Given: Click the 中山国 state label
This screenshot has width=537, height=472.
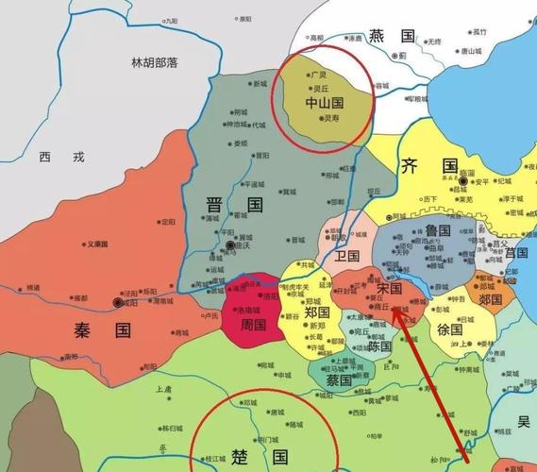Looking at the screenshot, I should (324, 101).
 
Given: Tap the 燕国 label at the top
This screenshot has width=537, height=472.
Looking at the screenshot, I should (392, 36).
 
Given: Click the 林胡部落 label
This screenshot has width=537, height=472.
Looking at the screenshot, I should (155, 62).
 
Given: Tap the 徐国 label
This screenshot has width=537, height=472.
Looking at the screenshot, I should (449, 330).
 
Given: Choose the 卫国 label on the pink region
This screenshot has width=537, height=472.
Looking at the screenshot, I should (346, 256).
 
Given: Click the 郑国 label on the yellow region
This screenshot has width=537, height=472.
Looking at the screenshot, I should (317, 312).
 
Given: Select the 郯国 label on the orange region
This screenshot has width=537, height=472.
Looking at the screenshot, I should (491, 299).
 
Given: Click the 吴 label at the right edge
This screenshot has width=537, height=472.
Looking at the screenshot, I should (524, 422).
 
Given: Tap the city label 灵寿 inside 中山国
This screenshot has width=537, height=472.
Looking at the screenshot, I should (330, 119).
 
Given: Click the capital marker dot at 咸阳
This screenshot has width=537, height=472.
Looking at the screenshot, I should (117, 302).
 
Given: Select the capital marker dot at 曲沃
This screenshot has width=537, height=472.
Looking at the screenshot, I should (231, 245).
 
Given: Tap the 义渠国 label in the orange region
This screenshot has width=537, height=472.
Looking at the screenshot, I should (99, 244).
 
